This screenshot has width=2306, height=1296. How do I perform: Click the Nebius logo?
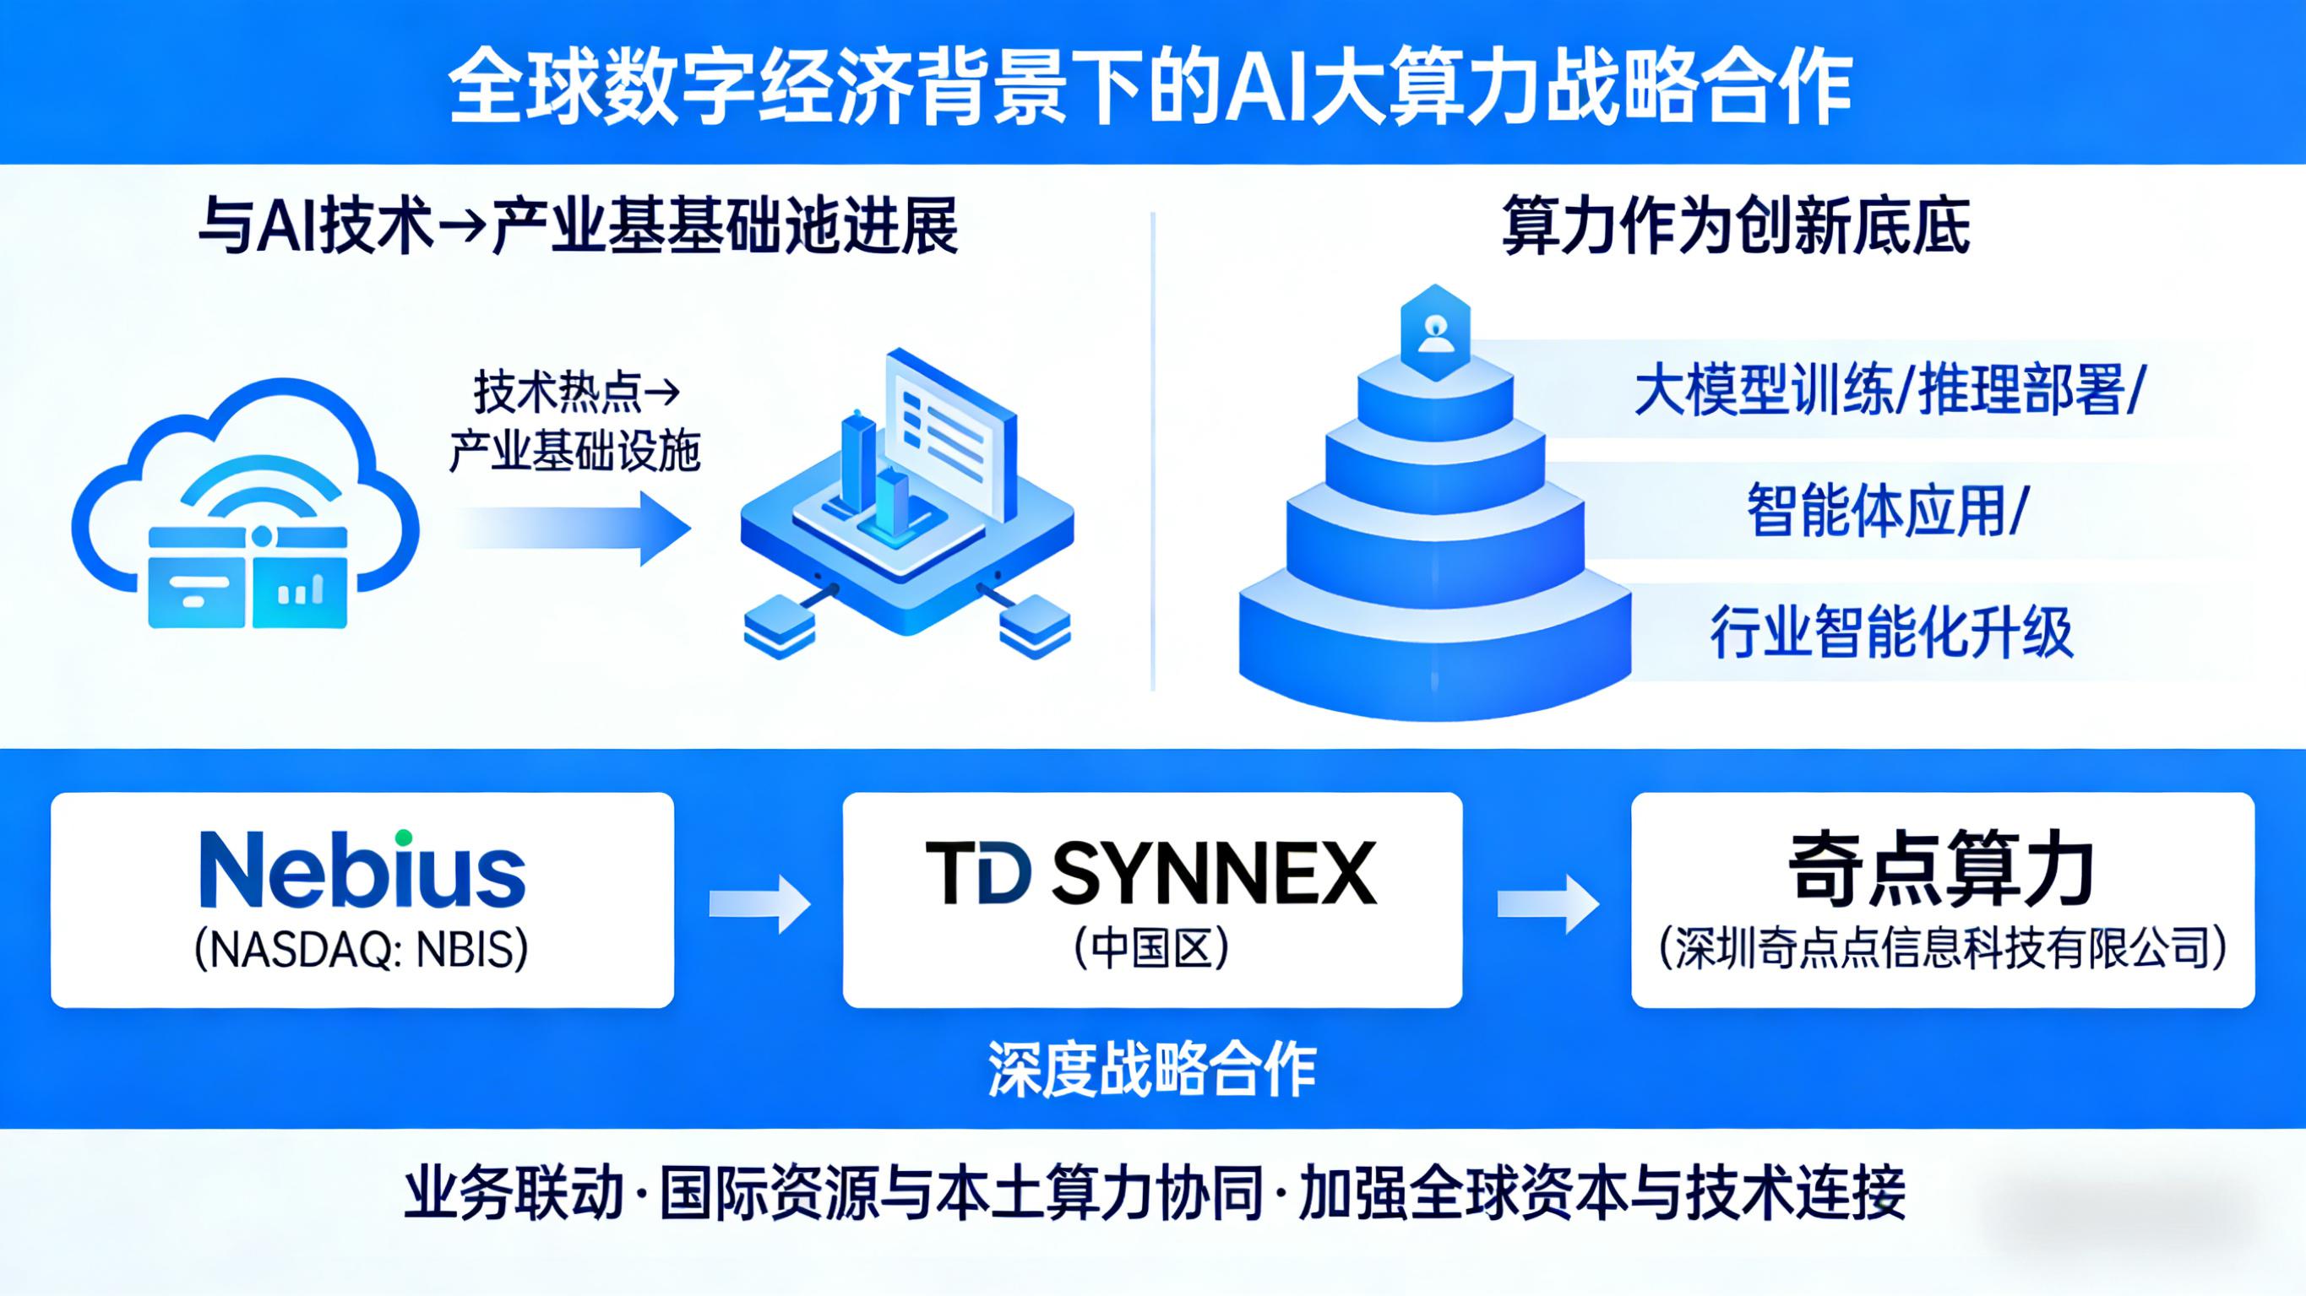(362, 870)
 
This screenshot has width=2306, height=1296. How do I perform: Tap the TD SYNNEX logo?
(1151, 873)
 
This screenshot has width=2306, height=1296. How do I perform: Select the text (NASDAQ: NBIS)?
(362, 950)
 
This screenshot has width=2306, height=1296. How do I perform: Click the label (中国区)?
(1151, 950)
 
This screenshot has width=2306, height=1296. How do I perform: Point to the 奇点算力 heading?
(1942, 870)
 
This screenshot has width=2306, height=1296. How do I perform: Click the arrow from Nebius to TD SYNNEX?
(759, 904)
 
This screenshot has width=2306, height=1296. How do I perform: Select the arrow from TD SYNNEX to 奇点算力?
(1547, 904)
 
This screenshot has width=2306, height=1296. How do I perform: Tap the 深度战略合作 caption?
(1152, 1069)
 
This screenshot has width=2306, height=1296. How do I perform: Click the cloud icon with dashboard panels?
(245, 507)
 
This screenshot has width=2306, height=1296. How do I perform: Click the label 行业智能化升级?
(1890, 632)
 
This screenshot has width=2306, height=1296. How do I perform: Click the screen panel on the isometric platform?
(950, 434)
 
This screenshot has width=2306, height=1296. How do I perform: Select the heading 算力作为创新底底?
(1736, 226)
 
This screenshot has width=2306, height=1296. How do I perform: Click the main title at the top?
(1151, 88)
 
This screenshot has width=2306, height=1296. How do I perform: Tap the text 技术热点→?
(576, 392)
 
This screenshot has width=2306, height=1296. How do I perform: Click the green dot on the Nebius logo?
(404, 838)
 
